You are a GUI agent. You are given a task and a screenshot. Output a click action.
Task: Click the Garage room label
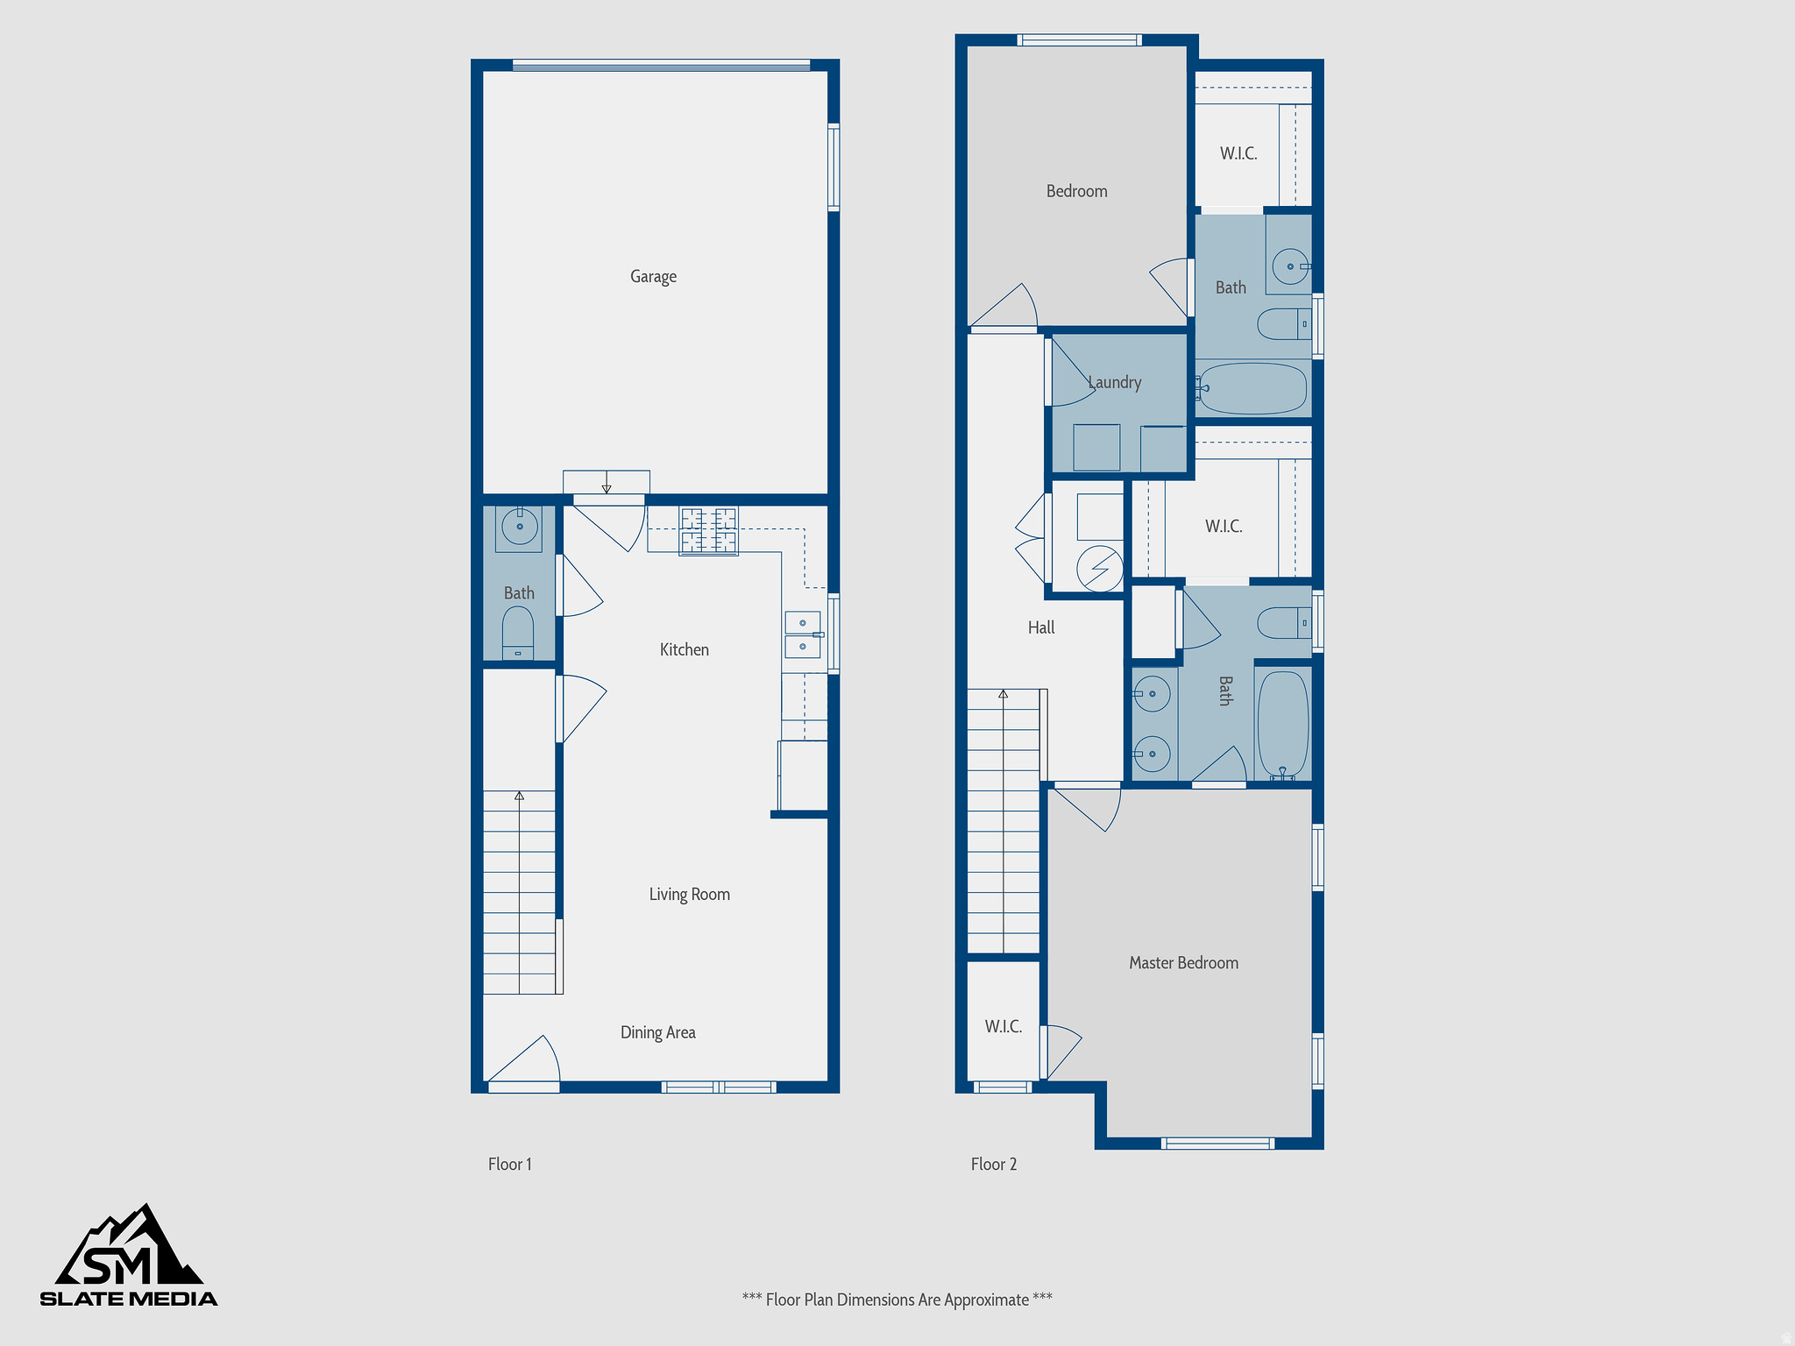tap(653, 277)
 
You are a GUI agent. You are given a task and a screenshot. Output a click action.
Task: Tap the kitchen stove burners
tap(708, 530)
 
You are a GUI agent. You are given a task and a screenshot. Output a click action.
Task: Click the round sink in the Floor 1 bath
tap(520, 528)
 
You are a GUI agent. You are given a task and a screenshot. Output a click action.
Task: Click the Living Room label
tap(689, 895)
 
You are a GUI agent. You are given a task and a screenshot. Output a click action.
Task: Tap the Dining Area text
tap(657, 1033)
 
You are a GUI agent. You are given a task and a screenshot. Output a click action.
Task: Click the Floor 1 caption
tap(509, 1165)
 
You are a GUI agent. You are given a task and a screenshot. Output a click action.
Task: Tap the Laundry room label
tap(1114, 383)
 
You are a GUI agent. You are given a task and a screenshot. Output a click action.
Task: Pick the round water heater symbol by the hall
tap(1100, 569)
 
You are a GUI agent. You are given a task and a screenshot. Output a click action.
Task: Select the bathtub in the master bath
tap(1283, 724)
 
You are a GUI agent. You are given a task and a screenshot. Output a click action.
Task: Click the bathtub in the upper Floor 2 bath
tap(1253, 388)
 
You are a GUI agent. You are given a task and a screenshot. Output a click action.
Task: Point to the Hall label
tap(1041, 628)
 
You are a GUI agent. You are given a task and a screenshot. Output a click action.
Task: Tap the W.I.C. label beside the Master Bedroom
tap(1003, 1027)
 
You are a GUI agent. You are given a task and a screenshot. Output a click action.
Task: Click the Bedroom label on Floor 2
tap(1076, 192)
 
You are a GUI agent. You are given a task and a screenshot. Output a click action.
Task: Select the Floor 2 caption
tap(993, 1165)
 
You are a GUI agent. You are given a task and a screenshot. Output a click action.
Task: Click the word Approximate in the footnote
tap(986, 1300)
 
